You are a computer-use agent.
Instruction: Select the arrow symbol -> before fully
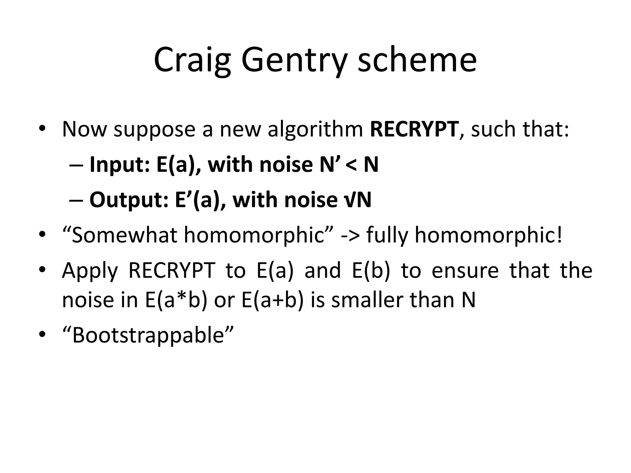350,236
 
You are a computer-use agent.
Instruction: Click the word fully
387,236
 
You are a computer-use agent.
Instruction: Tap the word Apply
90,271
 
